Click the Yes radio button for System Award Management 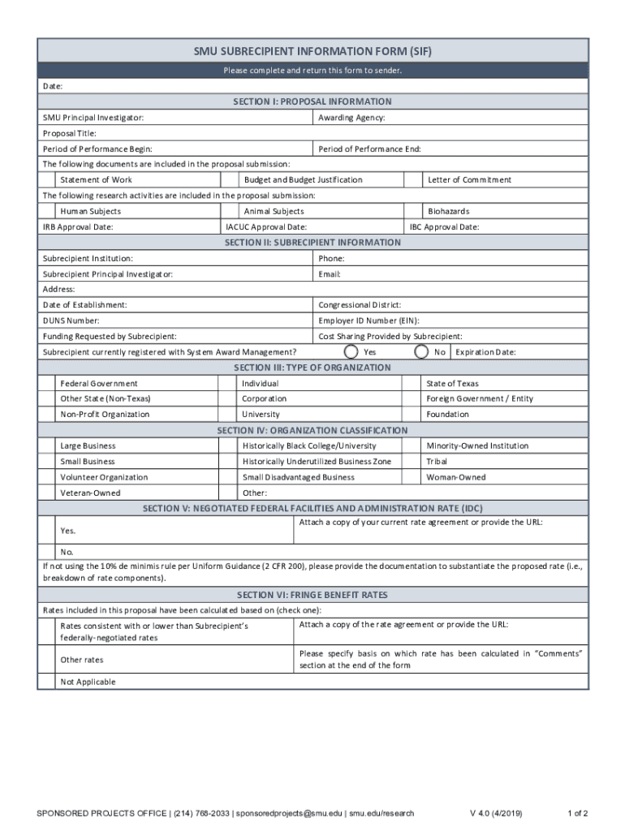click(351, 352)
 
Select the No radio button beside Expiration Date click(421, 352)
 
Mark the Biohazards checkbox click(415, 211)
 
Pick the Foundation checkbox click(415, 414)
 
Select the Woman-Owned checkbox click(415, 477)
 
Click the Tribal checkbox click(415, 461)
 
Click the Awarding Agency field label click(351, 118)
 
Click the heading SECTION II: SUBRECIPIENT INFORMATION click(312, 242)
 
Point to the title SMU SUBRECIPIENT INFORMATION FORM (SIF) click(312, 51)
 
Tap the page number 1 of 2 click(577, 813)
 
